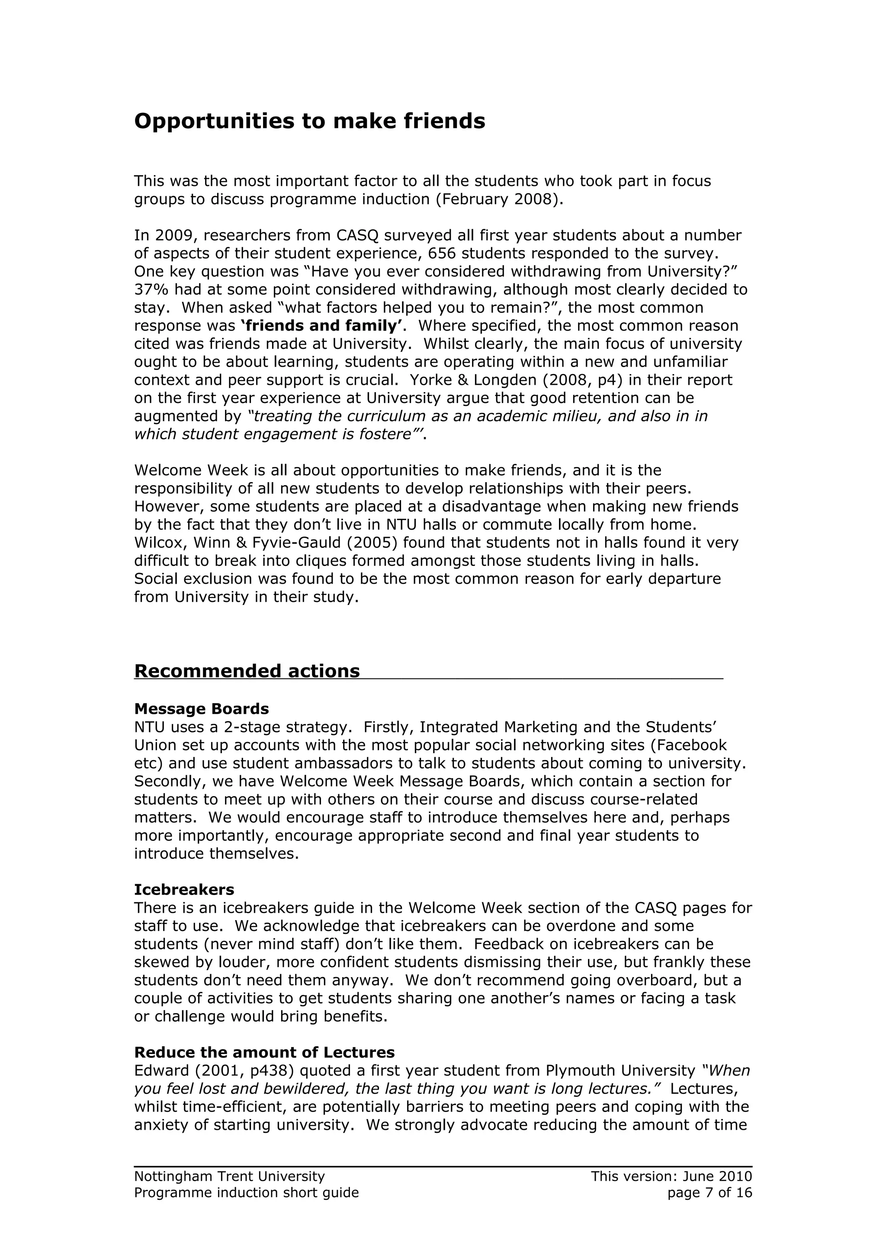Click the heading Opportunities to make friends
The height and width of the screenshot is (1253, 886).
click(309, 121)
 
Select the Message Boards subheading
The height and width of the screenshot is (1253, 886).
click(202, 709)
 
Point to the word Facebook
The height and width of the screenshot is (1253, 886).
click(692, 745)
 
